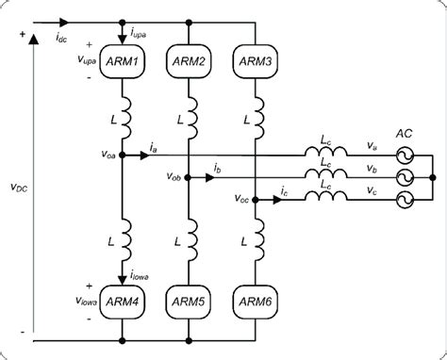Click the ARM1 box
124,62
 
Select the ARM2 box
190,62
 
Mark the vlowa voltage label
93,301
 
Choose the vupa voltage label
94,61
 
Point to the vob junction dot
190,176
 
